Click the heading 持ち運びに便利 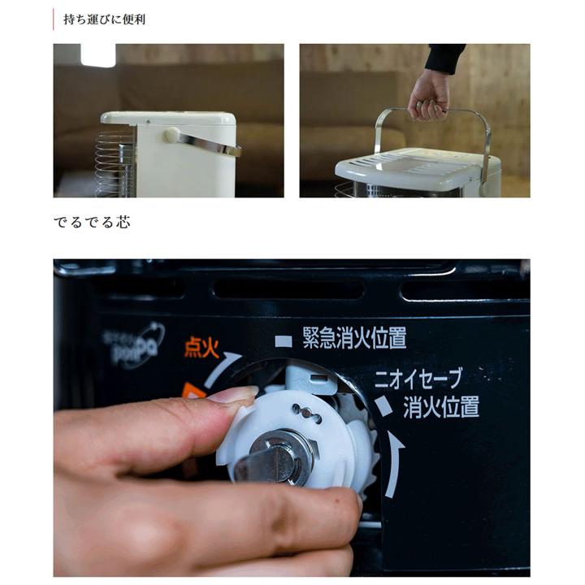[105, 19]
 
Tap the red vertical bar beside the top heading [54, 19]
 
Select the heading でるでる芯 [91, 222]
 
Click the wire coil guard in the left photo [115, 162]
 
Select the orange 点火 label [201, 347]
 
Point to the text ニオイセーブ [418, 378]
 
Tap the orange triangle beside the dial [193, 392]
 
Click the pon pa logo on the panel [134, 344]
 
